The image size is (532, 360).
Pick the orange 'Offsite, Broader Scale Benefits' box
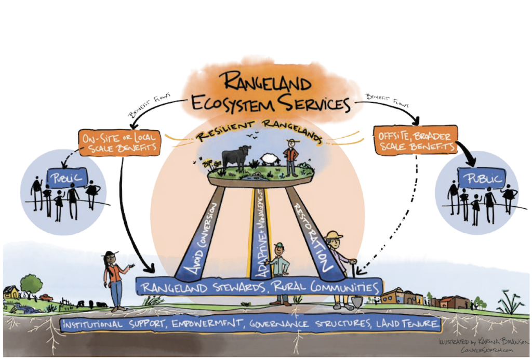pos(415,139)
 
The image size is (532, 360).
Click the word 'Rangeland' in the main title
pos(265,82)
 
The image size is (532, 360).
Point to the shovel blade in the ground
pos(357,301)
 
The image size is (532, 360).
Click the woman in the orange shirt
pos(113,278)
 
